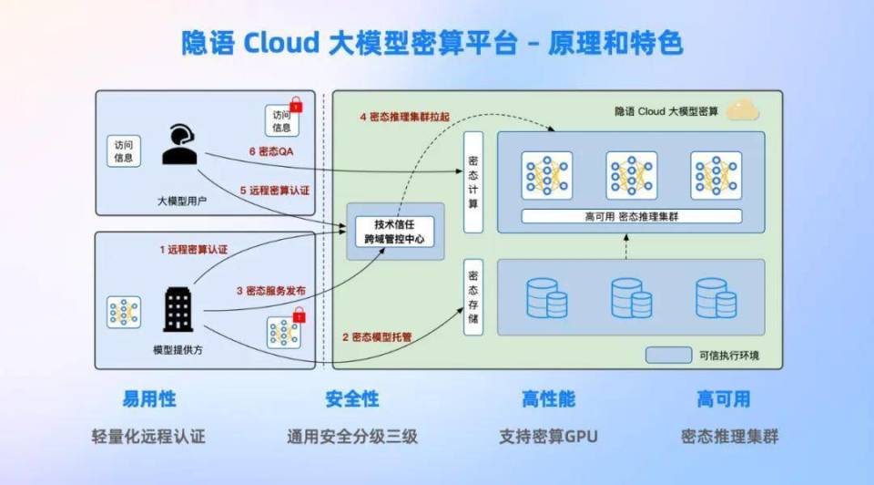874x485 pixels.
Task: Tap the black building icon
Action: pyautogui.click(x=178, y=309)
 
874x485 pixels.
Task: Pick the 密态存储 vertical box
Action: pyautogui.click(x=473, y=296)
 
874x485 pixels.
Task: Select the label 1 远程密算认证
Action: pyautogui.click(x=194, y=249)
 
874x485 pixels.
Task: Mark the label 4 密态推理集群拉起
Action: pyautogui.click(x=411, y=117)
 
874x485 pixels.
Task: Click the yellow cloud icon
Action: pyautogui.click(x=743, y=110)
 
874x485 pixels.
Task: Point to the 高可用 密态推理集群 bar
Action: pyautogui.click(x=631, y=217)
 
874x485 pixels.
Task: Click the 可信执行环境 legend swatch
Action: pyautogui.click(x=668, y=355)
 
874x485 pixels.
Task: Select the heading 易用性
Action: pyautogui.click(x=149, y=399)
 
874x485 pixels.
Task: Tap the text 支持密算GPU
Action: pyautogui.click(x=548, y=436)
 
